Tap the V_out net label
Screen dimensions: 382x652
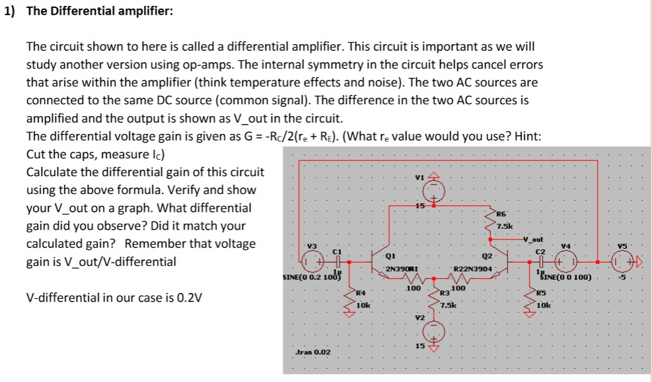(532, 239)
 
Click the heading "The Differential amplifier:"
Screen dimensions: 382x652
(99, 12)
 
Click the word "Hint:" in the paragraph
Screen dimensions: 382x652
(525, 137)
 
